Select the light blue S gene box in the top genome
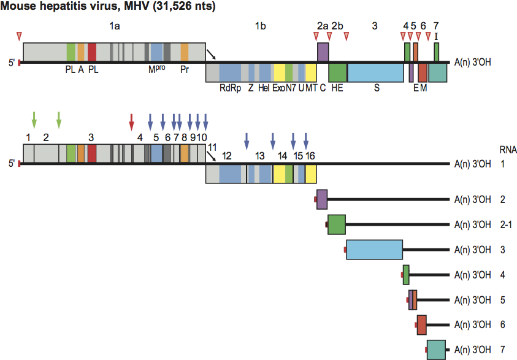point(375,72)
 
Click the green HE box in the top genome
point(337,72)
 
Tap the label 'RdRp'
point(230,88)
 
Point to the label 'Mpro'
point(156,69)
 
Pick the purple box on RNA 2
point(322,199)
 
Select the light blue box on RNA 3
point(374,250)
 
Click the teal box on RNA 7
point(437,350)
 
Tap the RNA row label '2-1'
point(506,224)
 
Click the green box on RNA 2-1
point(337,224)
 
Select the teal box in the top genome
point(437,72)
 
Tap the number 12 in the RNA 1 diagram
point(227,156)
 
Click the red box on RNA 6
point(422,324)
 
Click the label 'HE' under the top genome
point(337,88)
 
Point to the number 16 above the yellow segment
point(310,156)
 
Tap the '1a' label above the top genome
point(115,26)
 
